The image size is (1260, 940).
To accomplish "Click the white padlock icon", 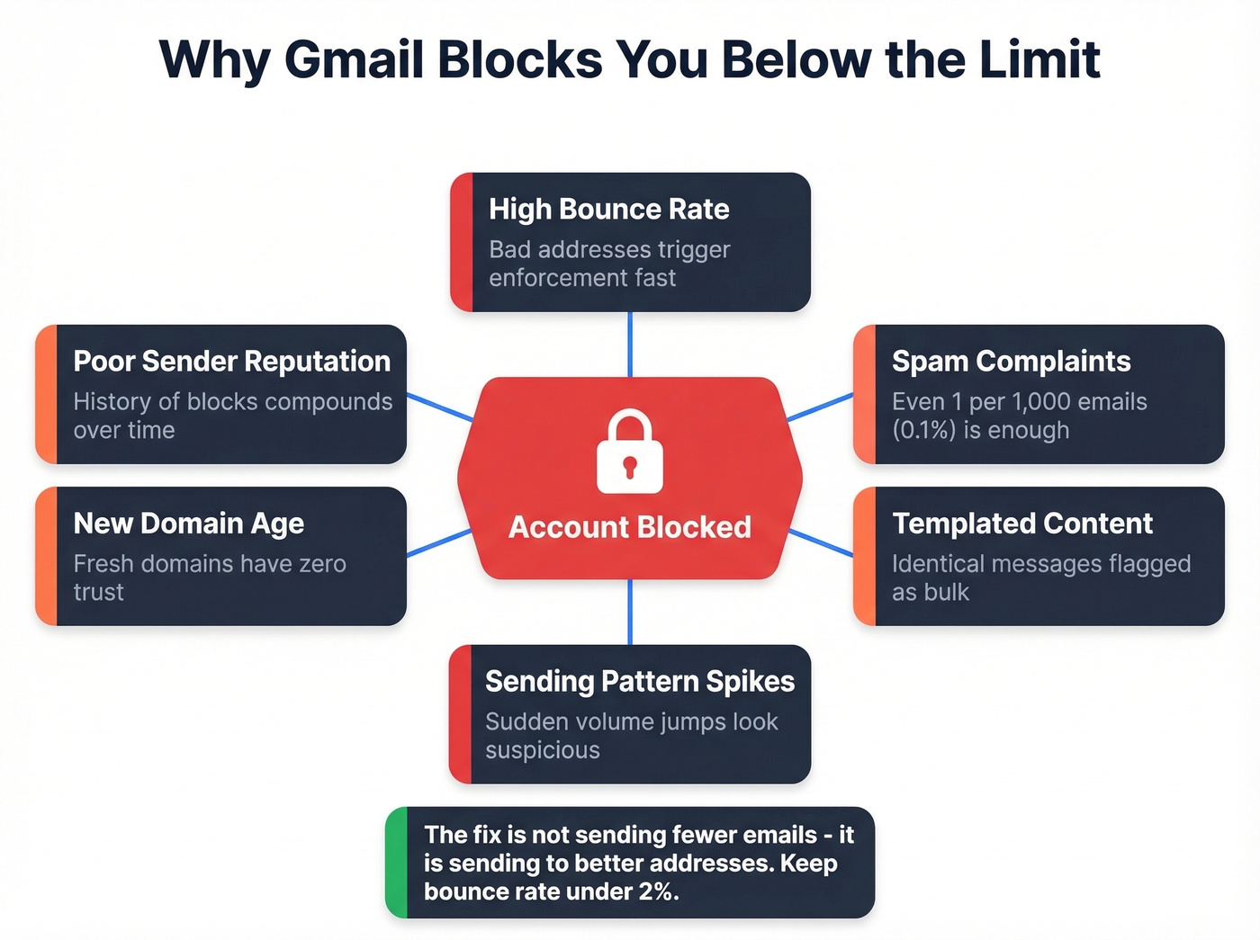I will click(630, 452).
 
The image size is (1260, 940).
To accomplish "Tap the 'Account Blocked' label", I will click(630, 527).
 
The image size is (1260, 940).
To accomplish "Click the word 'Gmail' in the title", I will click(354, 59).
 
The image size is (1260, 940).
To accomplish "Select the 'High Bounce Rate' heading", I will click(609, 210).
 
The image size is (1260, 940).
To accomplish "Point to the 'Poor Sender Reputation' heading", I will click(232, 362).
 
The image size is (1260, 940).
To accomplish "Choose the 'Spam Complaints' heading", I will click(1012, 362).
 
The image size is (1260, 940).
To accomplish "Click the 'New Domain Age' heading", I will click(189, 524).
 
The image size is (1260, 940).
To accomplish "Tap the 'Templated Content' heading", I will click(1022, 524).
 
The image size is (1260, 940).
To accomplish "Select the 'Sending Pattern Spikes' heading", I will click(640, 682).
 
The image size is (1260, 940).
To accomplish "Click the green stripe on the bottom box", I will click(397, 863).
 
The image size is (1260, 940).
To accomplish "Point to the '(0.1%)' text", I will click(923, 431).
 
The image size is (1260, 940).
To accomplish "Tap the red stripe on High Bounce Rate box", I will click(462, 243).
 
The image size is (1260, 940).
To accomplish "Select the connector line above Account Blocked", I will click(630, 345).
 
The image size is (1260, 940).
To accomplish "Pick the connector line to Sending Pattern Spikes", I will click(630, 612).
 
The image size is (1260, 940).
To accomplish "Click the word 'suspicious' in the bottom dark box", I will click(543, 751).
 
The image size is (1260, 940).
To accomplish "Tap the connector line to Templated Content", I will click(821, 543).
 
